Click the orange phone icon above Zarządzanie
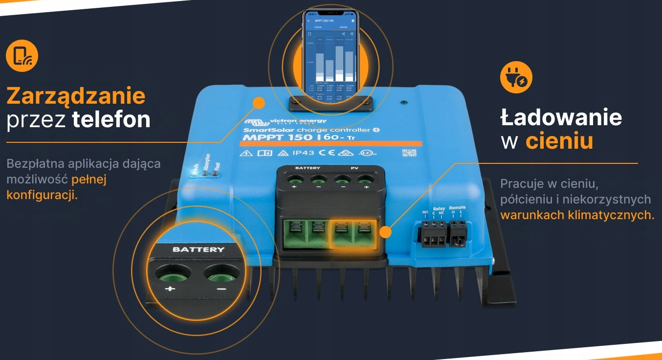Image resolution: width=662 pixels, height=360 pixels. [22, 56]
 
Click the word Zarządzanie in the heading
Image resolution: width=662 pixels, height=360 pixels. [76, 96]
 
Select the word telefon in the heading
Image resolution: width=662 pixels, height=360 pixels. [111, 120]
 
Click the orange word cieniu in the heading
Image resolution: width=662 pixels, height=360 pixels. [559, 141]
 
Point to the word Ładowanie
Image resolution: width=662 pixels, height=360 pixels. [561, 117]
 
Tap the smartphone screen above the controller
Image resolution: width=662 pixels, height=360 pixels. [330, 51]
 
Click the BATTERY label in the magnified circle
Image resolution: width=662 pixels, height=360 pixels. [199, 249]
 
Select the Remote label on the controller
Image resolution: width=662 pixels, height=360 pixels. [457, 207]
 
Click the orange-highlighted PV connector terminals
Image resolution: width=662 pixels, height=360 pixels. [353, 234]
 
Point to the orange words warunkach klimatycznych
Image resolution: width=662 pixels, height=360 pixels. [576, 215]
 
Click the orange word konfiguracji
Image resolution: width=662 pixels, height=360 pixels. [42, 195]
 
